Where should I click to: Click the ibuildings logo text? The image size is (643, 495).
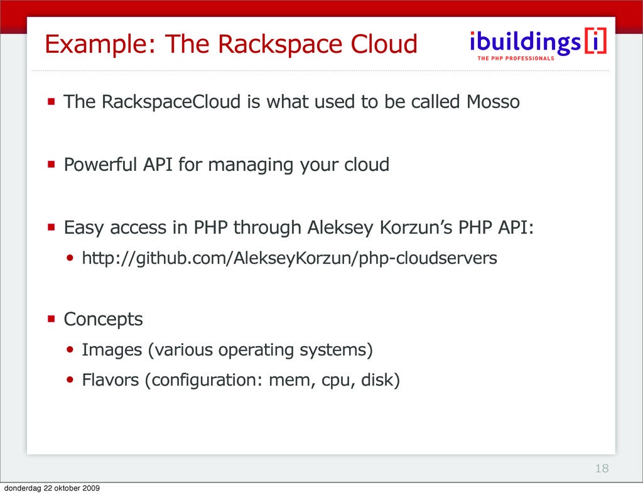[525, 42]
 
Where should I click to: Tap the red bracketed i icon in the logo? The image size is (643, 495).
[595, 41]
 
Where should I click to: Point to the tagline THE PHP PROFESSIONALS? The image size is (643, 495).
[516, 58]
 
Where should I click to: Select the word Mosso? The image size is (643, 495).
[493, 102]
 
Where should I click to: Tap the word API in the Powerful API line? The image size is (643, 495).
[158, 165]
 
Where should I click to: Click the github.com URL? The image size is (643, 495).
[289, 258]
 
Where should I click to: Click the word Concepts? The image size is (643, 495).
[103, 319]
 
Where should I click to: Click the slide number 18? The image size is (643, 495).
[602, 469]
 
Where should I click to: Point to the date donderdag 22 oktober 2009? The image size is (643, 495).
[51, 489]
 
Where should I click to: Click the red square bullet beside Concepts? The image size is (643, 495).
[50, 318]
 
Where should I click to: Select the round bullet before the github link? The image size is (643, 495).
[70, 258]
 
